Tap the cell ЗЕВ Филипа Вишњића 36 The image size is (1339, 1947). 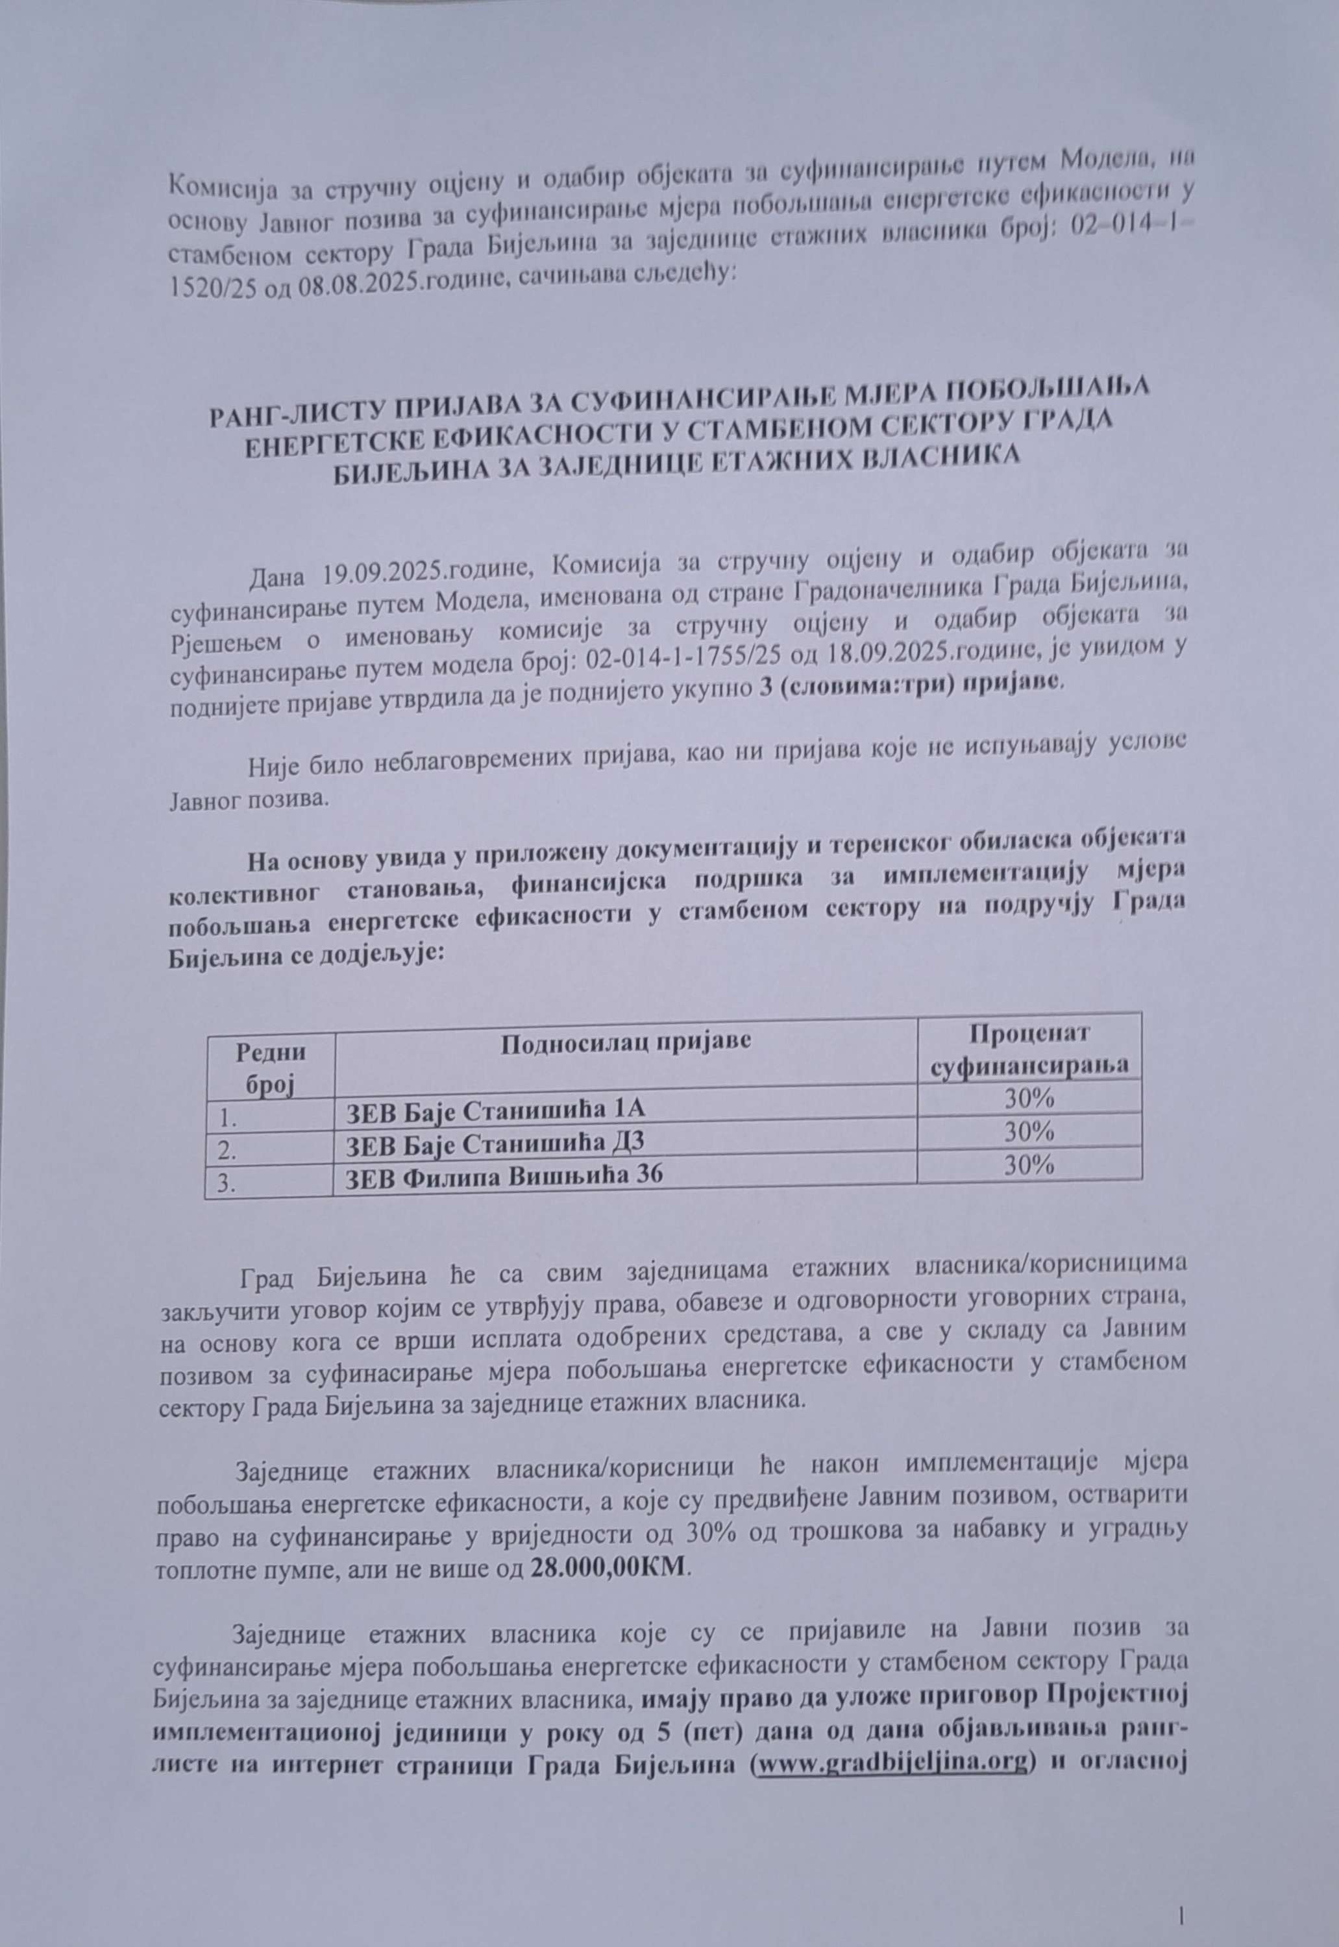(504, 1176)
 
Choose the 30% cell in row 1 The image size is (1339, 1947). (1029, 1098)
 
